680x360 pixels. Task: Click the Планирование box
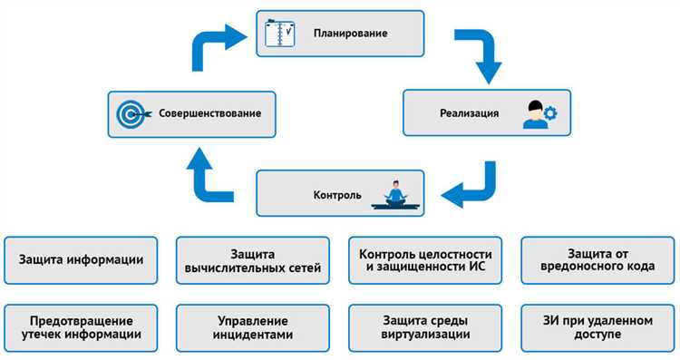(340, 34)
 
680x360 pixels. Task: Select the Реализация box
(487, 112)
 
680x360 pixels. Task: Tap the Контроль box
(340, 194)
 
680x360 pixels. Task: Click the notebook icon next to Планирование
(277, 34)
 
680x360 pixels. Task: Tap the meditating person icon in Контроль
(395, 196)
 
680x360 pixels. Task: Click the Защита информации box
(81, 259)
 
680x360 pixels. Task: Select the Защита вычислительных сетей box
(253, 259)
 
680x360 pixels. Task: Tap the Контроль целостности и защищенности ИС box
(425, 259)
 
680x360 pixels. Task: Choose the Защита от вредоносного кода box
(597, 259)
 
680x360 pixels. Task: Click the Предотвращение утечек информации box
(81, 327)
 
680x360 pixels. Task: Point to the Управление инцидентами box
(253, 327)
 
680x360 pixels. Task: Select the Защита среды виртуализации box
(425, 327)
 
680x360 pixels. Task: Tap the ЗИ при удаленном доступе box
(597, 327)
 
